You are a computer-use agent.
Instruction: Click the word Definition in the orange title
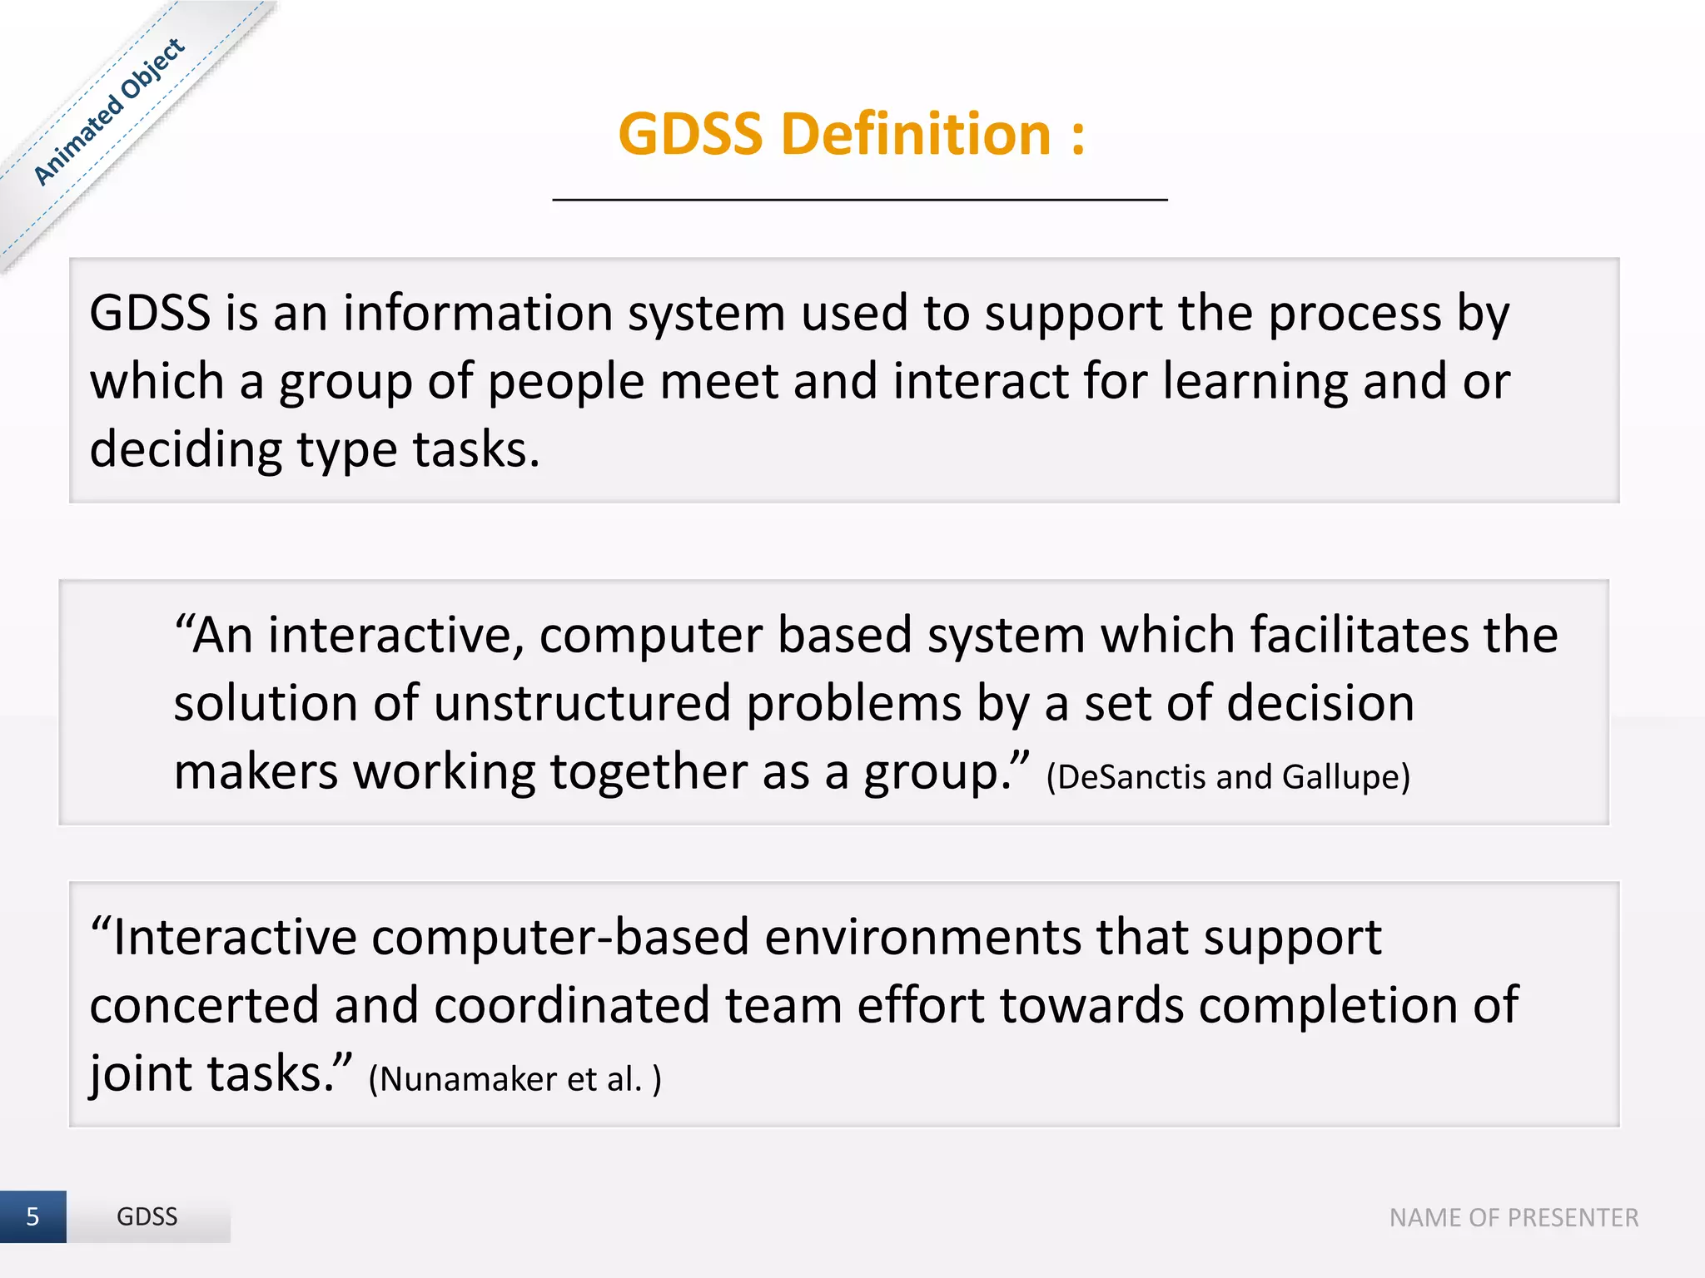tap(917, 135)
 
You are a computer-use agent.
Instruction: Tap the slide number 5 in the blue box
tap(32, 1216)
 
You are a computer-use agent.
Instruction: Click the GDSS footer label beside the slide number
tap(147, 1216)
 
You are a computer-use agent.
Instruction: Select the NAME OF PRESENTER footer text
tap(1514, 1218)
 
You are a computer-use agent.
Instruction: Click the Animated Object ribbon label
tap(109, 111)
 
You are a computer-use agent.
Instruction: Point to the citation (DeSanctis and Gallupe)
tap(1228, 777)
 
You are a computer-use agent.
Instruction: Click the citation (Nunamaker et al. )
tap(514, 1079)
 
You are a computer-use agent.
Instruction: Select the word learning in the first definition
tap(1255, 382)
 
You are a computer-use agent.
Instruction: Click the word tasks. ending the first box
tap(476, 450)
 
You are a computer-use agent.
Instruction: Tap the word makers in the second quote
tap(256, 772)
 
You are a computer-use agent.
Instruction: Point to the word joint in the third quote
tap(141, 1074)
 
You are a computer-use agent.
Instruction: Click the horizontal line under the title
tap(860, 200)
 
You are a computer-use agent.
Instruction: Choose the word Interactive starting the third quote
tap(234, 938)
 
